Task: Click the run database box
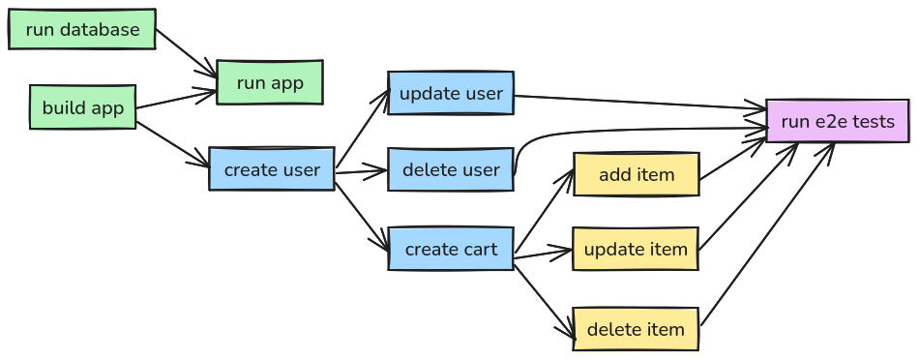[x=82, y=29]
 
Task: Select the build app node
[x=82, y=107]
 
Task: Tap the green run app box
[x=270, y=82]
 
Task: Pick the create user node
[x=272, y=169]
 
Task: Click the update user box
[x=451, y=93]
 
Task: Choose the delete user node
[x=451, y=170]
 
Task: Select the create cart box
[x=451, y=249]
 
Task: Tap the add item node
[x=636, y=174]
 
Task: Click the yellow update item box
[x=636, y=249]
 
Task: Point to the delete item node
[x=636, y=329]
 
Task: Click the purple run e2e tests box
[x=837, y=121]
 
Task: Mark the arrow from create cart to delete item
[x=544, y=295]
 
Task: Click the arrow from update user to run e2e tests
[x=638, y=103]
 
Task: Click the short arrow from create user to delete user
[x=361, y=172]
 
